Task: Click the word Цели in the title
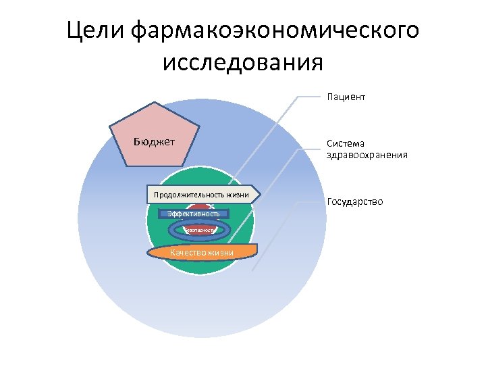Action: [x=95, y=30]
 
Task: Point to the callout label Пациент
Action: [x=346, y=97]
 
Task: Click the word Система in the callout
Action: [x=345, y=144]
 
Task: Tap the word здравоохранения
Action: [x=367, y=155]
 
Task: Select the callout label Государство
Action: [x=354, y=201]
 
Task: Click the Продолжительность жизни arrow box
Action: [x=202, y=195]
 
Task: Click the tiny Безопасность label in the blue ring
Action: [x=200, y=230]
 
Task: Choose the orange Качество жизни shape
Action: [x=202, y=252]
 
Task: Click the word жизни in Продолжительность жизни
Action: [x=238, y=195]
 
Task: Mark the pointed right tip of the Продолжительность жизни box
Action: [x=259, y=195]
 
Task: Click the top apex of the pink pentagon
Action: [x=156, y=103]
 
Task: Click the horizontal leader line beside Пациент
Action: [x=308, y=97]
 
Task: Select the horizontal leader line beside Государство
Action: [x=308, y=201]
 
